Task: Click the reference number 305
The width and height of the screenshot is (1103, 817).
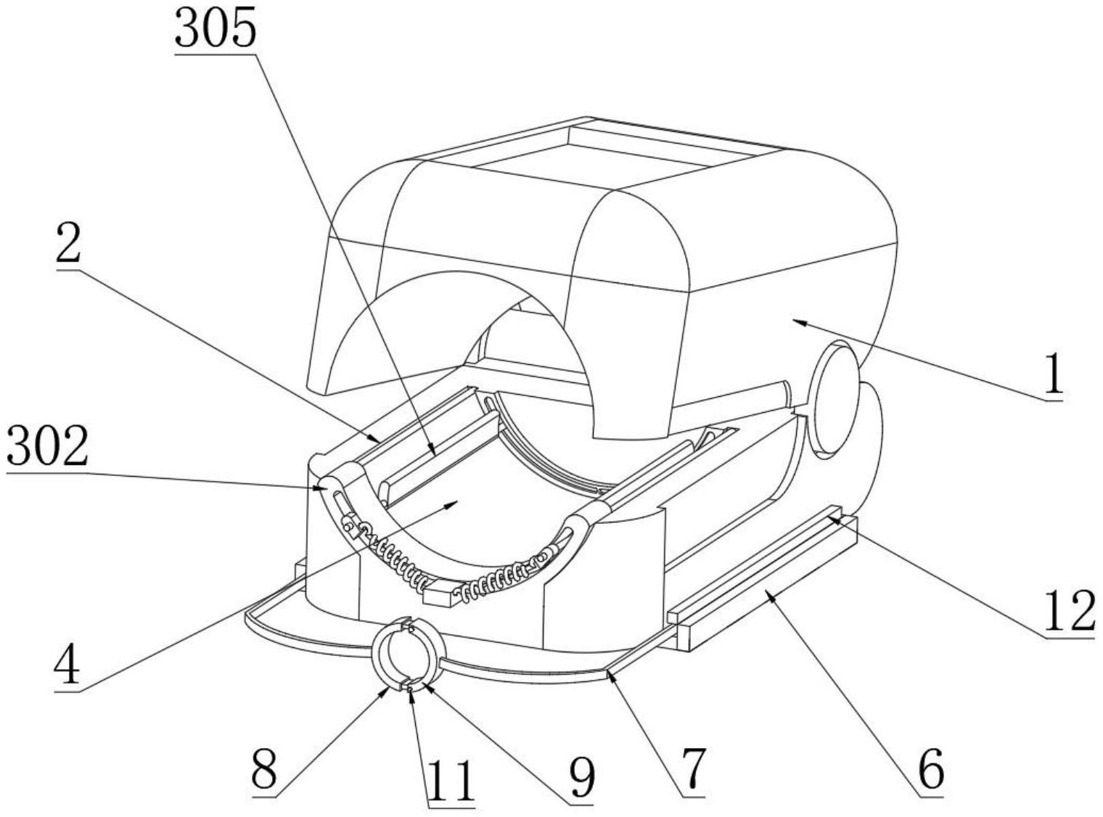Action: click(x=216, y=28)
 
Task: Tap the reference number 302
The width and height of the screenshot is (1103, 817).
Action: click(x=48, y=447)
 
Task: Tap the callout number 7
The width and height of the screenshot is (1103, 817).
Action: click(x=692, y=772)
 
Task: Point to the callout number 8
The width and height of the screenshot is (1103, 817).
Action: click(x=264, y=772)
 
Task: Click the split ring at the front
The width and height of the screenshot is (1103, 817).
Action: click(x=407, y=654)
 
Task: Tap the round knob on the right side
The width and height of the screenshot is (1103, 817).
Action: click(x=834, y=400)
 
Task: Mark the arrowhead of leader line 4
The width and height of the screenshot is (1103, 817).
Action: click(x=451, y=504)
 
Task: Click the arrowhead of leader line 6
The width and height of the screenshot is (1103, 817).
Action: click(x=772, y=594)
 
